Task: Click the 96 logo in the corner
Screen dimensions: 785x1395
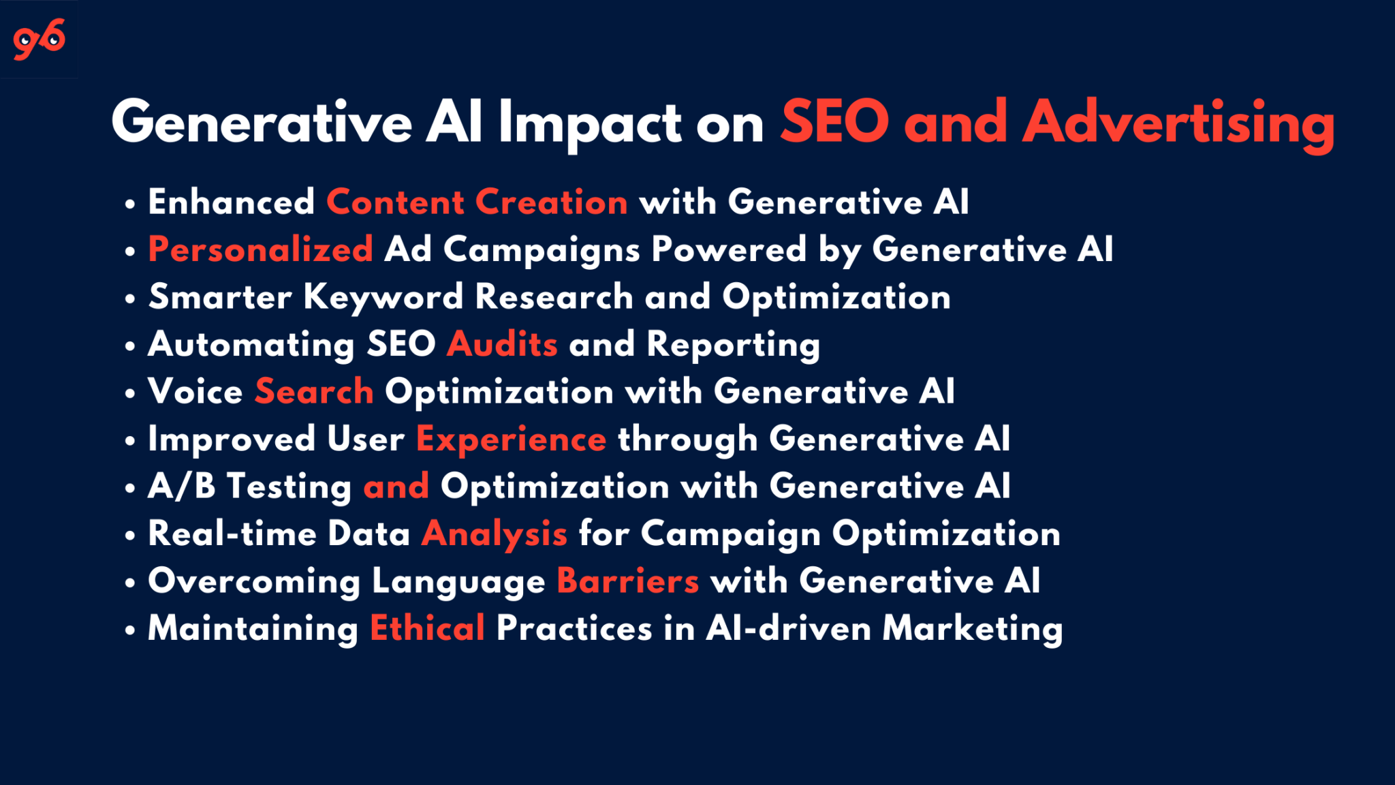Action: coord(40,39)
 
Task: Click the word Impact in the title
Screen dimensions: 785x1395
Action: coord(590,123)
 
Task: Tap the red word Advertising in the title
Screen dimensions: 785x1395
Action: coord(1178,123)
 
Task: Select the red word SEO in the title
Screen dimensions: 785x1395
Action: coord(835,122)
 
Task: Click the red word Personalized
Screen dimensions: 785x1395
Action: coord(261,249)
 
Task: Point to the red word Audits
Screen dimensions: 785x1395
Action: coord(503,343)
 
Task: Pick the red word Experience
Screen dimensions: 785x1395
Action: coord(511,439)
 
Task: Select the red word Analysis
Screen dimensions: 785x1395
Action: coord(495,534)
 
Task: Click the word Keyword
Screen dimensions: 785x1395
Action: coord(383,297)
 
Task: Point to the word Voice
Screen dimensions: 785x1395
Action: coord(195,391)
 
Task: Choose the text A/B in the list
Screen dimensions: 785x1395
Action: coord(181,486)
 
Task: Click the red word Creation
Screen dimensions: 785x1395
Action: coord(551,202)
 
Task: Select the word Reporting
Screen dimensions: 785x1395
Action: coord(733,344)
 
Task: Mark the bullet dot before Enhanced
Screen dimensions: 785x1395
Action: coord(130,204)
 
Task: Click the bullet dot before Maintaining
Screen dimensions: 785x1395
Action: coord(130,630)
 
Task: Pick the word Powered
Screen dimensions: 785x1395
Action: coord(729,249)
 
